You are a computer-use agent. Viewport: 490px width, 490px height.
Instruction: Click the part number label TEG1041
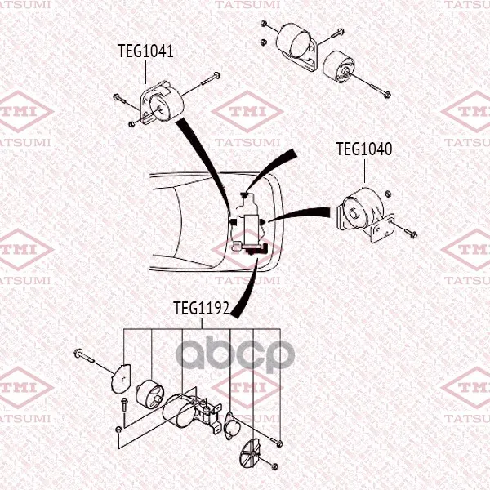(145, 51)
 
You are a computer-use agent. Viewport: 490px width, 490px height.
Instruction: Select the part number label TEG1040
(363, 149)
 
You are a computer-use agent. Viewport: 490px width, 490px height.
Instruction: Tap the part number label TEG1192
(202, 309)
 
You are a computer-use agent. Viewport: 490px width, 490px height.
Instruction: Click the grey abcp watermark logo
(235, 354)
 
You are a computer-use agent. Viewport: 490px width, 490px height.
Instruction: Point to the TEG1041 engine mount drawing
(161, 104)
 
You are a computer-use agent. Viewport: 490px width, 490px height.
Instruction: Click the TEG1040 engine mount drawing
(365, 214)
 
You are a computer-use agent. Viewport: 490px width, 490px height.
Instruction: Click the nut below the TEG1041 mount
(131, 124)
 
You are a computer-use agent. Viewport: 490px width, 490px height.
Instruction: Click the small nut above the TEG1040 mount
(387, 194)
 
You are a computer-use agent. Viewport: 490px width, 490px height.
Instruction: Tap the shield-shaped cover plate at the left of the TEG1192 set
(121, 378)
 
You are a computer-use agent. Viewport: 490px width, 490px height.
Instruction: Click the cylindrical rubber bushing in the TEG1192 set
(150, 394)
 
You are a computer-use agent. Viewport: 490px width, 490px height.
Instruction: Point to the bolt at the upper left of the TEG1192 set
(84, 356)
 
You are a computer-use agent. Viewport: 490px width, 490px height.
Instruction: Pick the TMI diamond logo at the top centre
(247, 112)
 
